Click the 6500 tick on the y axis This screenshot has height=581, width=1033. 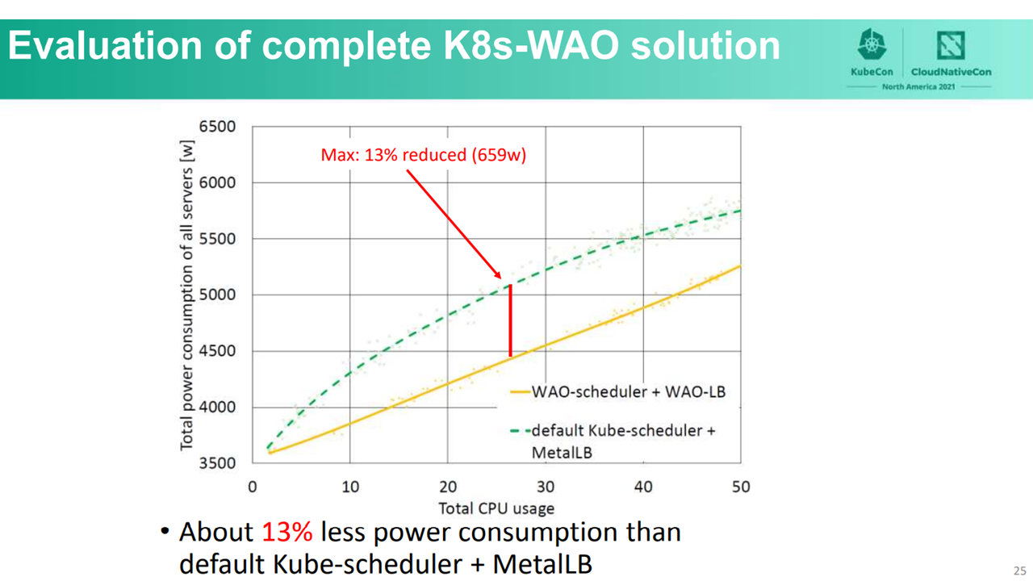[217, 127]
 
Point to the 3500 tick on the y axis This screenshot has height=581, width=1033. [217, 463]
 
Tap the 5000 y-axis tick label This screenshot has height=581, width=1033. [217, 295]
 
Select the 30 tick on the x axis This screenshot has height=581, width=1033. [546, 487]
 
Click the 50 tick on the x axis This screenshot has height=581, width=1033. [741, 487]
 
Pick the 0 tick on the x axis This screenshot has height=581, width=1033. [253, 487]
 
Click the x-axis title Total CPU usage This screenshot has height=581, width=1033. [496, 508]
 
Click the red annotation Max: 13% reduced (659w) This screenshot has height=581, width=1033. [423, 155]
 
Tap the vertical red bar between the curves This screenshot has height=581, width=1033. [510, 320]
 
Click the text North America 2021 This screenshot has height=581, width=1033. [920, 86]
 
